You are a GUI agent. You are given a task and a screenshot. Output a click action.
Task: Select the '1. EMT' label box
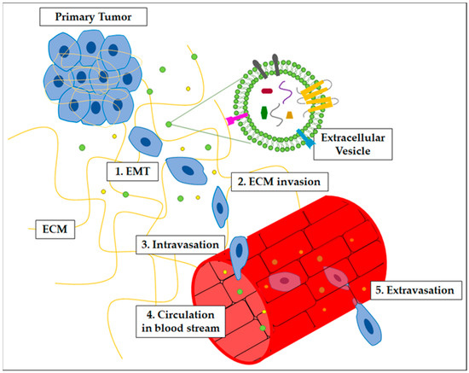coord(136,171)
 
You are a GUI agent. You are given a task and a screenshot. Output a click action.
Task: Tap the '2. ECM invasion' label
coord(278,182)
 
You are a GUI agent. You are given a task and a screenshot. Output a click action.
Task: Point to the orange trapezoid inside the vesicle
coord(290,114)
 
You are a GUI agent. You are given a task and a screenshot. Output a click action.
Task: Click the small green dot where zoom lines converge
coord(169,124)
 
